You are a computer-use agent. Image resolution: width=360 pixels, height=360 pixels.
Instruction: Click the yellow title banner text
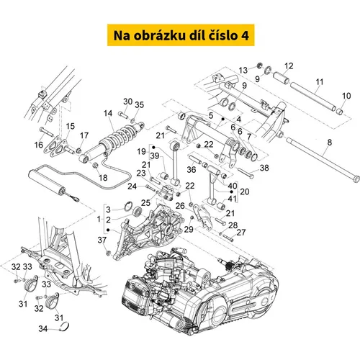[x=181, y=35]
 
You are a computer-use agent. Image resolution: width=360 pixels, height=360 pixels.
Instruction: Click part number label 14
[x=108, y=113]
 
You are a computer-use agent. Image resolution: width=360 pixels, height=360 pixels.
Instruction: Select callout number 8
[x=330, y=142]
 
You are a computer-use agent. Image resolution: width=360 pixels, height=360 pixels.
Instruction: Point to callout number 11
[x=320, y=82]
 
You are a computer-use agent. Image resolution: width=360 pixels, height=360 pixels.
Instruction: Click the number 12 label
[x=289, y=66]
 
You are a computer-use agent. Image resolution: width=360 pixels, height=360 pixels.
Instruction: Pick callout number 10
[x=346, y=96]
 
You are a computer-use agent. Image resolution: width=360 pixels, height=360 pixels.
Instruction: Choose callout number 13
[x=243, y=71]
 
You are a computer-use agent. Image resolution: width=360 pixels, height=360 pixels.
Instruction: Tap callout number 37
[x=102, y=240]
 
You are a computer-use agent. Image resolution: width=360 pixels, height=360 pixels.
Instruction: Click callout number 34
[x=43, y=328]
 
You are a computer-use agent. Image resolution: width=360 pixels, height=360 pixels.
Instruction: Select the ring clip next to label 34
[x=65, y=328]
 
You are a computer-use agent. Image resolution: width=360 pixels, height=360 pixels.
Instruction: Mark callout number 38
[x=264, y=168]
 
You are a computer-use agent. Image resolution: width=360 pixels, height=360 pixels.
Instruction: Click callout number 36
[x=192, y=169]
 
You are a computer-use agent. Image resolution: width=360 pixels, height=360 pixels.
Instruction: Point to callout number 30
[x=128, y=102]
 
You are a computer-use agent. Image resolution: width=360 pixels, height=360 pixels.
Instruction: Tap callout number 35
[x=139, y=105]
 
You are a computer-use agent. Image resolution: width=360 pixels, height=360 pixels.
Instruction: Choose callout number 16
[x=39, y=145]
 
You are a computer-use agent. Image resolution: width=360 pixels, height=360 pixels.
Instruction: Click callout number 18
[x=103, y=178]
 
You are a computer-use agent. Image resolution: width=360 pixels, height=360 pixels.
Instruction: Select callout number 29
[x=189, y=229]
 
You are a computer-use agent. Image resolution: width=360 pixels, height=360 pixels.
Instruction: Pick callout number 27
[x=241, y=233]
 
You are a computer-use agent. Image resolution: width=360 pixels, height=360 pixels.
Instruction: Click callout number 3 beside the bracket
[x=108, y=210]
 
